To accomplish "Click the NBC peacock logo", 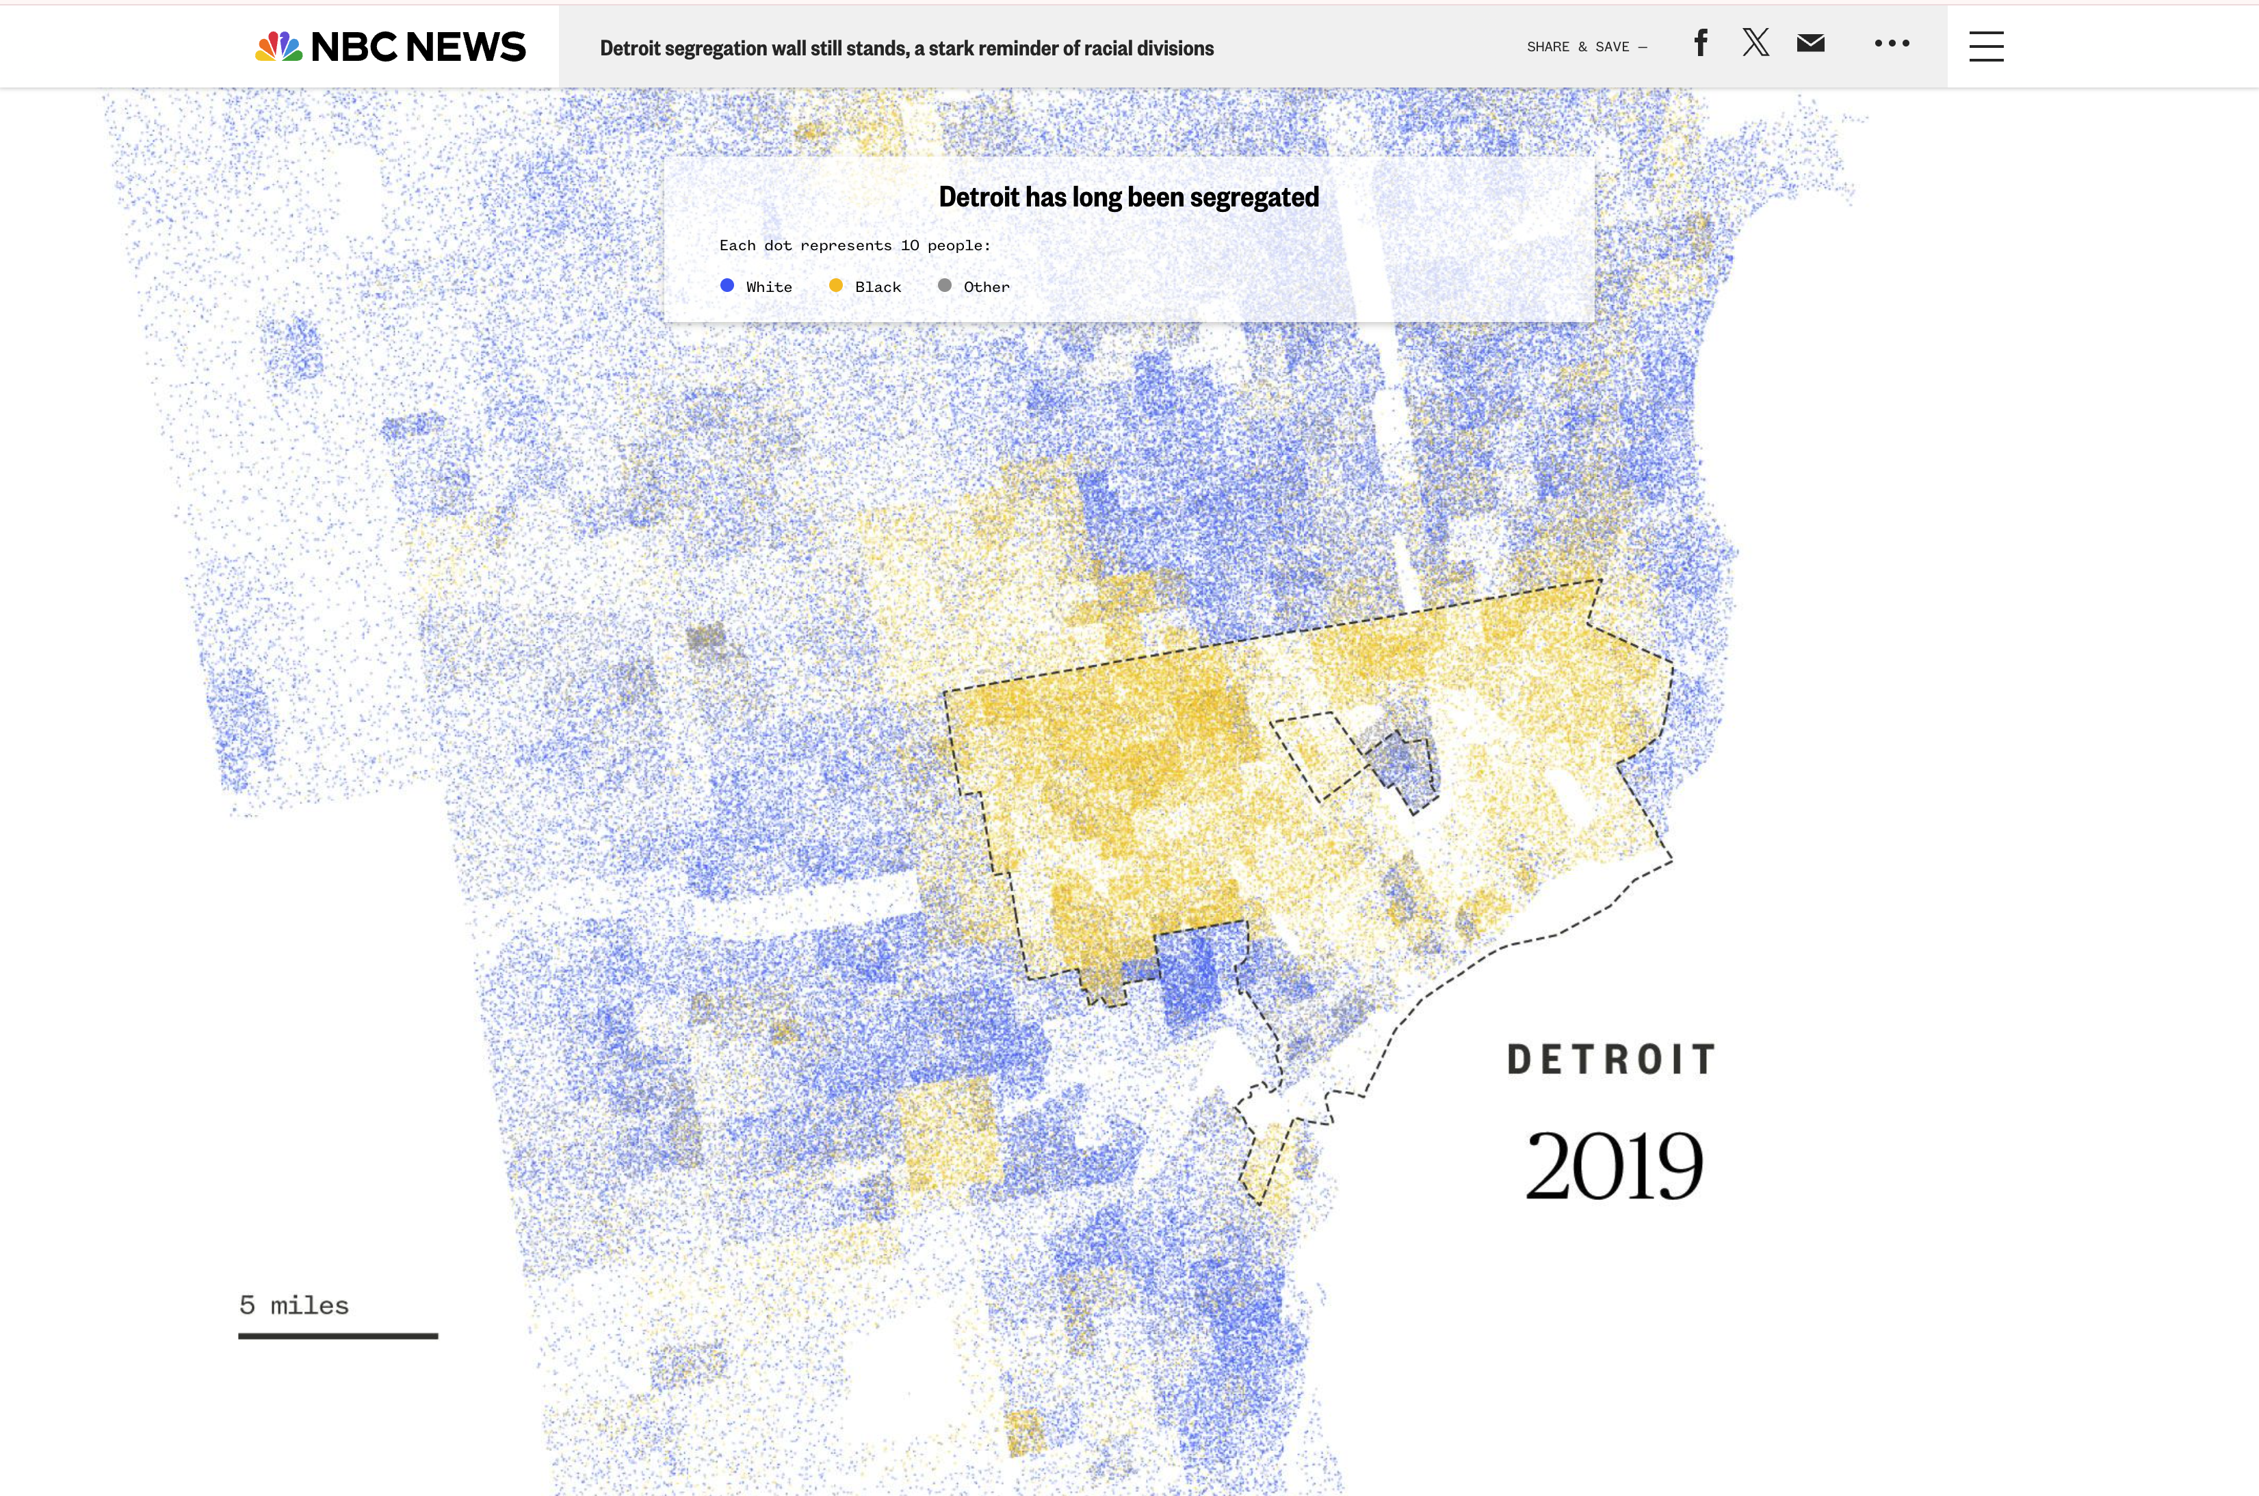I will point(278,46).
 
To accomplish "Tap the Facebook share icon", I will point(1701,43).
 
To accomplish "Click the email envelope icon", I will point(1810,43).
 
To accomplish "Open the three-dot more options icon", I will point(1892,43).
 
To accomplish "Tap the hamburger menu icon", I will point(1986,46).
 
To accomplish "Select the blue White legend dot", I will point(727,285).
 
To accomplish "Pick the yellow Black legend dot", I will point(836,285).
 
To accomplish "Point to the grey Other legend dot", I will point(945,285).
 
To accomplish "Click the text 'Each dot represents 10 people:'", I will point(854,245).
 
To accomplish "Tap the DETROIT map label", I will point(1612,1060).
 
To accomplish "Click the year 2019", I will point(1613,1166).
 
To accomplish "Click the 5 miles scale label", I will point(294,1305).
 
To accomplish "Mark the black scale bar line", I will point(338,1336).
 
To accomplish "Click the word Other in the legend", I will point(986,287).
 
